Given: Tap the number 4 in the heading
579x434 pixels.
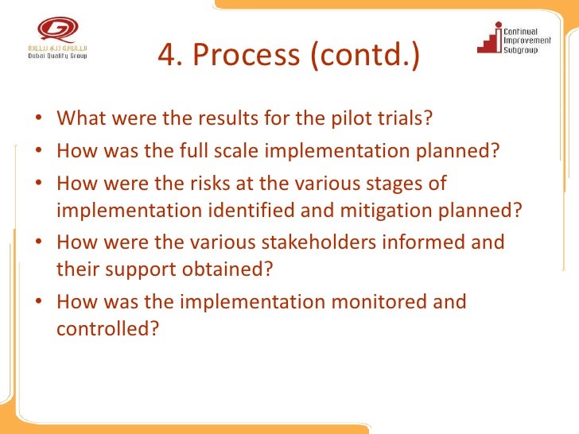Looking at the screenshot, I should [x=166, y=55].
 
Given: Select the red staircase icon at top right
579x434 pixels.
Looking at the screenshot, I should [x=487, y=38].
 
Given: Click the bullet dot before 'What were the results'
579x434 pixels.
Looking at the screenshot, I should [x=40, y=120].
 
